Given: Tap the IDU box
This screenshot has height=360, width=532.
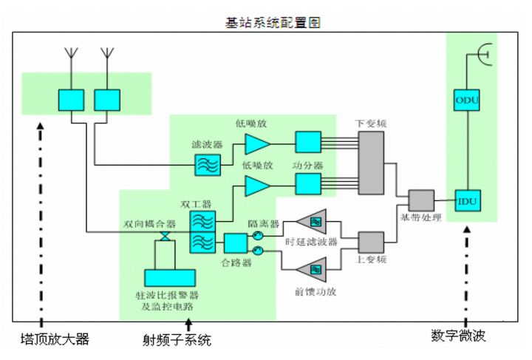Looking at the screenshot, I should point(464,201).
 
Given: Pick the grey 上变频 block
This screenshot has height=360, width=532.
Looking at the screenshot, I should point(371,242).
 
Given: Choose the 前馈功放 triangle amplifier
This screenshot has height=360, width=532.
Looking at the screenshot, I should point(311,267).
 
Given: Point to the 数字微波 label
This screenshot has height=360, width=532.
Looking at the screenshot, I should point(463,336).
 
